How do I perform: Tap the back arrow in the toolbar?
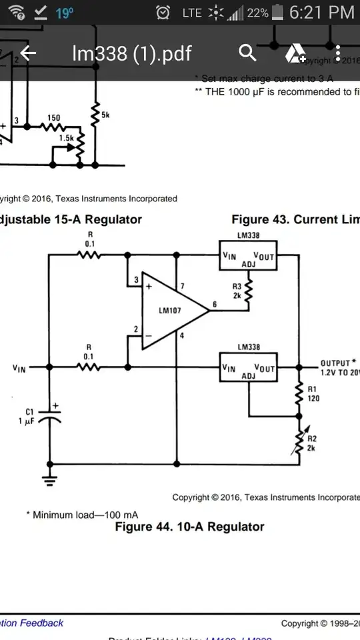27,53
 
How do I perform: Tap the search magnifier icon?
247,53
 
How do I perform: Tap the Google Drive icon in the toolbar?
294,53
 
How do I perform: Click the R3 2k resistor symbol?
249,291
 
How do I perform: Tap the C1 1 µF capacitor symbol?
49,417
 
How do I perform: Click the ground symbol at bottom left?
49,477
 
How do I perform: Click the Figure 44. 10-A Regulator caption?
189,527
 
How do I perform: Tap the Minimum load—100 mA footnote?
86,515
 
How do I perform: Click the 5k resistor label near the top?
105,115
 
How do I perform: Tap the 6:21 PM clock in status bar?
323,12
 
